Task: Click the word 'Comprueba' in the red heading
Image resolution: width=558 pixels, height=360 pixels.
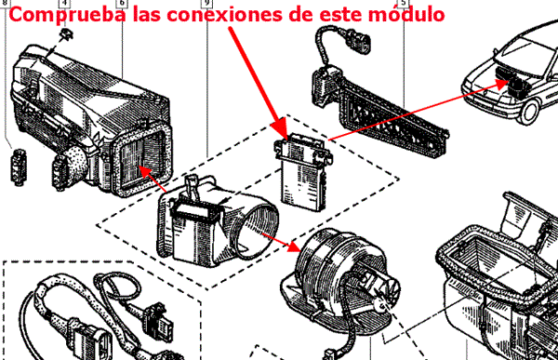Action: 67,15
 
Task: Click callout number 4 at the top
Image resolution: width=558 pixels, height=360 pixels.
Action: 64,3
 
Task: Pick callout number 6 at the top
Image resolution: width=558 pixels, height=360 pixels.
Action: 122,3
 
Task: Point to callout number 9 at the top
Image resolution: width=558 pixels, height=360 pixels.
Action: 206,3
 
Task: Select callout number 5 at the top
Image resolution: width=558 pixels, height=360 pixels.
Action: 404,3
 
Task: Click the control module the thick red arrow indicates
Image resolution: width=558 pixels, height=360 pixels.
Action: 302,172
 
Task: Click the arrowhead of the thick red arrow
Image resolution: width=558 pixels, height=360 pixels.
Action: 280,128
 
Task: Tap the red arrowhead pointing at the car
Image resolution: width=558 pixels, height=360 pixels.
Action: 502,85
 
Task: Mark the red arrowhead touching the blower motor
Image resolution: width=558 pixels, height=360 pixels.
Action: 294,246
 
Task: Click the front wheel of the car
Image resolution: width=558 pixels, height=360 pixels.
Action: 530,112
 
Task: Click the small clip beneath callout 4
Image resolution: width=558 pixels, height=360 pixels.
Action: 67,34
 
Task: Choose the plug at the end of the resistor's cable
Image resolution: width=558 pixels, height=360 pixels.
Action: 359,40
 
